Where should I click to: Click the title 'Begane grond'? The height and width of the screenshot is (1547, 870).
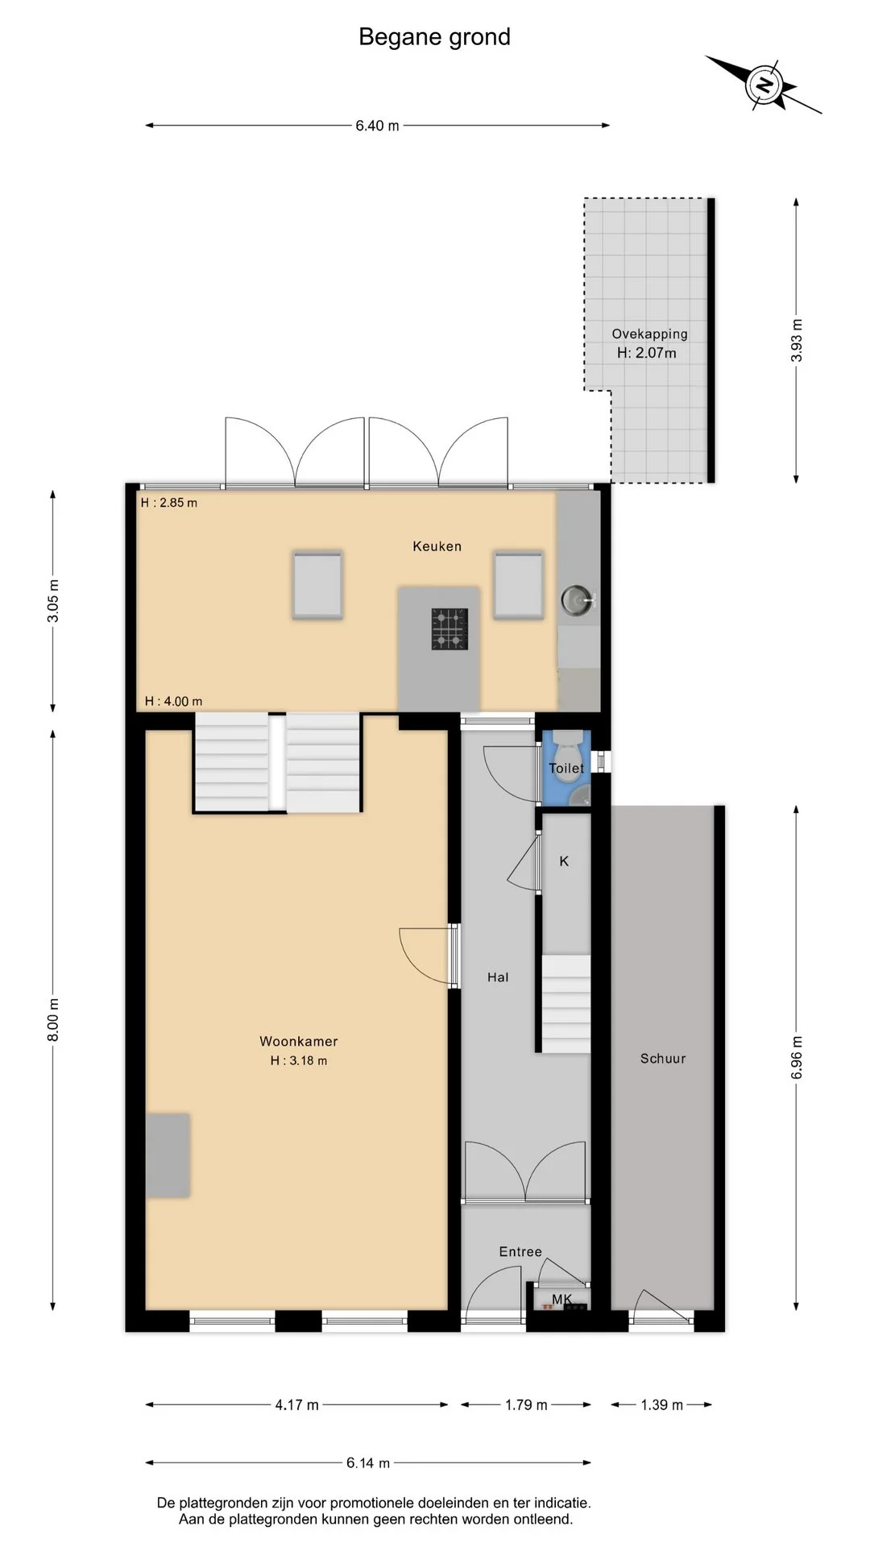coord(434,37)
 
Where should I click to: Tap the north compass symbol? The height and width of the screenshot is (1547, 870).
coord(764,85)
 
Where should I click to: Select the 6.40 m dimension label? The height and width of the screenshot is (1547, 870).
coord(378,126)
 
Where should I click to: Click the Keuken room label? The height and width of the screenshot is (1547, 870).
coord(437,546)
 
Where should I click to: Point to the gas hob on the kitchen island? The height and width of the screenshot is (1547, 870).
coord(449,628)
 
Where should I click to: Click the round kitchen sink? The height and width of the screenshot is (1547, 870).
coord(576,599)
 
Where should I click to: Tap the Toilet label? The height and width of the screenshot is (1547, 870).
coord(566,769)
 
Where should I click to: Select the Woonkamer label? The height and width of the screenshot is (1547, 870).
coord(299,1041)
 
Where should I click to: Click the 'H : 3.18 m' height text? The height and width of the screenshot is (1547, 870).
coord(299,1060)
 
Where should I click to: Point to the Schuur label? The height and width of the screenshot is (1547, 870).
coord(663,1059)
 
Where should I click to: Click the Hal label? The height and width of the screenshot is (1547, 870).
coord(498,977)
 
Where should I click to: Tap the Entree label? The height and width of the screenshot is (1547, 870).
coord(520,1251)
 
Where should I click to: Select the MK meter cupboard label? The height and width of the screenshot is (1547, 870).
coord(562,1299)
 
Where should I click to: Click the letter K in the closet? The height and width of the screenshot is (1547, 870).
coord(564,861)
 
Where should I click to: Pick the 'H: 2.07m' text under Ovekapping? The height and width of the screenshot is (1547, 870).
coord(647,353)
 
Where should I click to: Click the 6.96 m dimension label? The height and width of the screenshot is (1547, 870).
coord(797,1058)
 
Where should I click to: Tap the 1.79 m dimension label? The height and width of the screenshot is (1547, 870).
coord(527,1405)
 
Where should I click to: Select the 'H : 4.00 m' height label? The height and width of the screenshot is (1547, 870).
coord(173,701)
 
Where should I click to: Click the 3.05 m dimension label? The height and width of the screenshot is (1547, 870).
coord(53,601)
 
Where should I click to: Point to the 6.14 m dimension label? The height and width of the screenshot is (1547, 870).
coord(368,1463)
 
